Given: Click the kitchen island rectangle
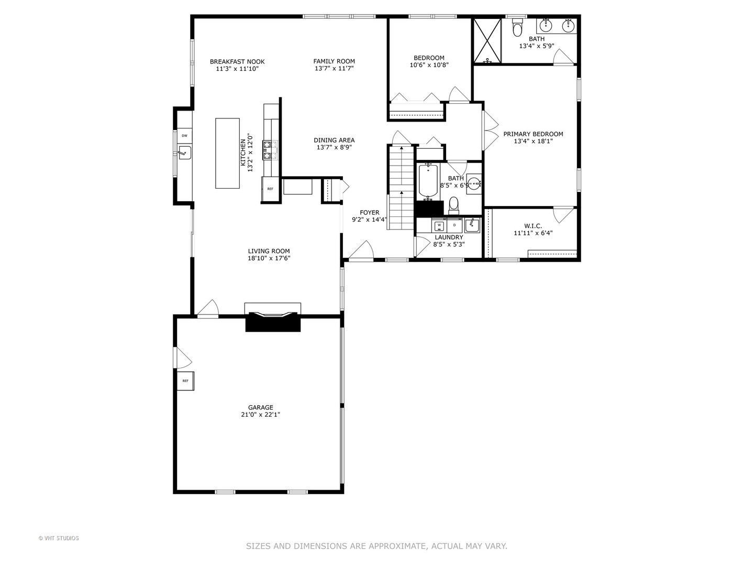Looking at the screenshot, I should tap(227, 153).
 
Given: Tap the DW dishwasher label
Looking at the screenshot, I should tap(184, 136).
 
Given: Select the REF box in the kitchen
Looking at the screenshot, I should tap(270, 189).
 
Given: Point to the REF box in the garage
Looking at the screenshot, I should tap(185, 380).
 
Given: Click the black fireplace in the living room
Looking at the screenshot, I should tap(273, 321).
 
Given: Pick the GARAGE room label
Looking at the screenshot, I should tap(260, 407).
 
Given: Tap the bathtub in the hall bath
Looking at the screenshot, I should tap(429, 181).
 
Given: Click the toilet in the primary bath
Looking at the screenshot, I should tap(517, 28).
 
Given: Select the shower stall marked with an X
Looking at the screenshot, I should tap(488, 40).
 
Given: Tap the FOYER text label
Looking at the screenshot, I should tap(369, 213).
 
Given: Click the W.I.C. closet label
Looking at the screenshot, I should tap(533, 226).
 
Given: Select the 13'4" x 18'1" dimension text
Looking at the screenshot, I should tap(533, 141).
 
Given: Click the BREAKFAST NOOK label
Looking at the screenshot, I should tap(237, 61).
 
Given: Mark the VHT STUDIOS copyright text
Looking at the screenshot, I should tap(59, 538).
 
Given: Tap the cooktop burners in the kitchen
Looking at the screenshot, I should tap(270, 149).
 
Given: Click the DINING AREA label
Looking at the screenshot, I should tap(334, 140).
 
